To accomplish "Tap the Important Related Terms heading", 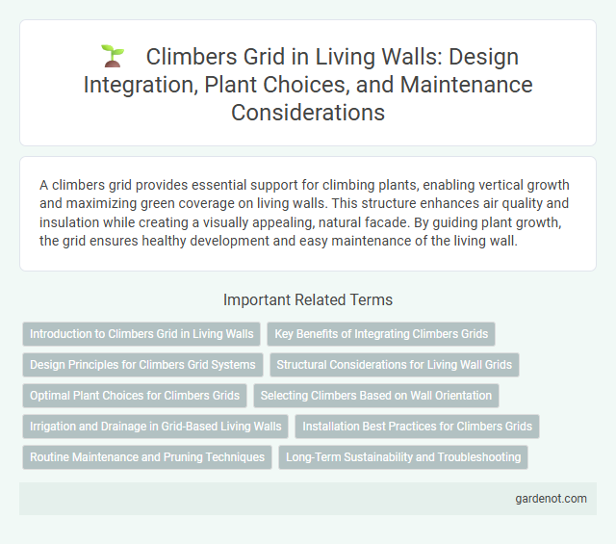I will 307,299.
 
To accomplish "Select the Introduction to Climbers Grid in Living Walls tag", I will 141,334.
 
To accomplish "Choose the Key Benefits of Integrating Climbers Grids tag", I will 381,334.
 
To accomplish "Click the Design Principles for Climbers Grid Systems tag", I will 142,365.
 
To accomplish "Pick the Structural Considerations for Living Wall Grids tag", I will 395,365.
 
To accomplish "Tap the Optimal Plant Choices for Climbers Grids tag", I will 135,396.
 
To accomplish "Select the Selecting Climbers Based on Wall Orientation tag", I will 375,396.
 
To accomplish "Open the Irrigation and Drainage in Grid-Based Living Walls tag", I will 156,427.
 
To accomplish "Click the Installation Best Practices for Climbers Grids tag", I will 418,427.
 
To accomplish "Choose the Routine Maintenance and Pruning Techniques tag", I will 147,457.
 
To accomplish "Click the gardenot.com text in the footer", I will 551,499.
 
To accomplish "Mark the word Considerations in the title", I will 307,112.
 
